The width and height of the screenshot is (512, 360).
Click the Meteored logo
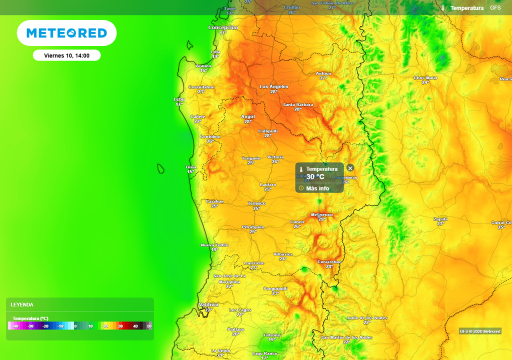[66, 33]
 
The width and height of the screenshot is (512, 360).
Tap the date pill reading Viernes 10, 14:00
[66, 55]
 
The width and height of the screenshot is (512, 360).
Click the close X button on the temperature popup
[350, 168]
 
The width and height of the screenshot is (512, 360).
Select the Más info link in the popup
[317, 188]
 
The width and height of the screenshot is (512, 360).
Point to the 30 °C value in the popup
[315, 177]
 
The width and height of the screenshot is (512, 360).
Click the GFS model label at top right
[495, 8]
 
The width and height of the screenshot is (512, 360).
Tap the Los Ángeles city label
[274, 86]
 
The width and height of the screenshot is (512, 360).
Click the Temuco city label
[257, 203]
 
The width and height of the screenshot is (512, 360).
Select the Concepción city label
[223, 27]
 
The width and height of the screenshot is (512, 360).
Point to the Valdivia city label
[208, 304]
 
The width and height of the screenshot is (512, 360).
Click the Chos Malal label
[425, 78]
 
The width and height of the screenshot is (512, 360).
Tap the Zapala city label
[440, 219]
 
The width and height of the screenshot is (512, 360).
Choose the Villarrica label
[283, 254]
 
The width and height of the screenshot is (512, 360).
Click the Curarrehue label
[329, 261]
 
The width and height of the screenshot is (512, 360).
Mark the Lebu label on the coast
[179, 99]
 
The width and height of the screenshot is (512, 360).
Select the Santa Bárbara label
[298, 104]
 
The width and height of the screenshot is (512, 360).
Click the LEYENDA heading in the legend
[22, 304]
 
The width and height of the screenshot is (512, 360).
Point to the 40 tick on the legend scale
[135, 326]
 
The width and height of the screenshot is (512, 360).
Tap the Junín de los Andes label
[367, 318]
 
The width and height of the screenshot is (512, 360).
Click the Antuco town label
[323, 73]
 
